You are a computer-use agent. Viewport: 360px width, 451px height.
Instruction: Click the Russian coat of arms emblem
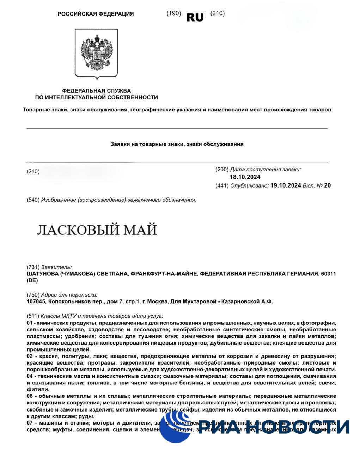point(96,54)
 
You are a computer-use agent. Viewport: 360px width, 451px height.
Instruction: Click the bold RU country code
point(195,17)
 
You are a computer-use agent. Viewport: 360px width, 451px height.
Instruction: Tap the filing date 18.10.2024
point(245,177)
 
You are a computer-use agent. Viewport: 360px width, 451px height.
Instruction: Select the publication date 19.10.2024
point(286,185)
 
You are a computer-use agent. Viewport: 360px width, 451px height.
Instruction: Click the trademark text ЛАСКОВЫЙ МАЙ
point(97,230)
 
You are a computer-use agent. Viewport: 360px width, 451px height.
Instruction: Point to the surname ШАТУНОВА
point(43,274)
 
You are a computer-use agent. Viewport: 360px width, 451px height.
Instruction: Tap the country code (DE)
point(32,281)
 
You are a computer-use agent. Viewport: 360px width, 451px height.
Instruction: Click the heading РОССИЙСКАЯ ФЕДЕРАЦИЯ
point(96,14)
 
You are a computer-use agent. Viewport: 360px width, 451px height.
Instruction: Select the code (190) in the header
point(173,13)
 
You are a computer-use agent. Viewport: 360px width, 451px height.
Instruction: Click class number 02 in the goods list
point(30,356)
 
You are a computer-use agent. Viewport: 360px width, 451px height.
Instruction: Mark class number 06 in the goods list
point(30,396)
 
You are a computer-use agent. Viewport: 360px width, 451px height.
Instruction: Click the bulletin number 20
point(327,185)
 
